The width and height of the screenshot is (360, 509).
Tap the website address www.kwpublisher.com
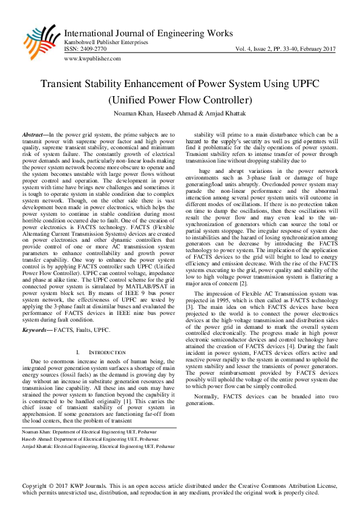(x=92, y=59)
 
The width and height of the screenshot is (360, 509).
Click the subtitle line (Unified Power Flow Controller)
(x=180, y=99)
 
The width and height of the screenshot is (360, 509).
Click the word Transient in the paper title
(x=67, y=84)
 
